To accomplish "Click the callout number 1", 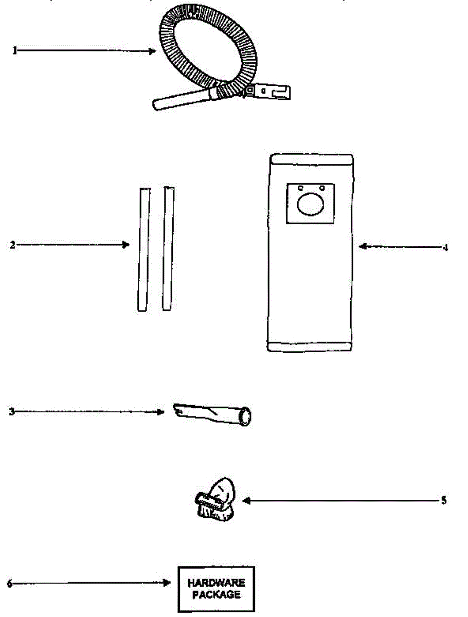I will [15, 50].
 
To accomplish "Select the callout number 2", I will [12, 245].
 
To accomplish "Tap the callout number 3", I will [11, 411].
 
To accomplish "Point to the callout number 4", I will [445, 247].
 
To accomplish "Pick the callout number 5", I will [443, 500].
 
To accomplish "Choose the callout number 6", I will [10, 583].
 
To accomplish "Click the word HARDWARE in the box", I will [216, 584].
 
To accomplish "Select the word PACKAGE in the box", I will [217, 595].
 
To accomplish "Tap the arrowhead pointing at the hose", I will [153, 50].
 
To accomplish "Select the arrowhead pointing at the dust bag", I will [363, 246].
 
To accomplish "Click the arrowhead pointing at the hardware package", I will [167, 583].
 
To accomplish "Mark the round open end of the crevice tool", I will [247, 416].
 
